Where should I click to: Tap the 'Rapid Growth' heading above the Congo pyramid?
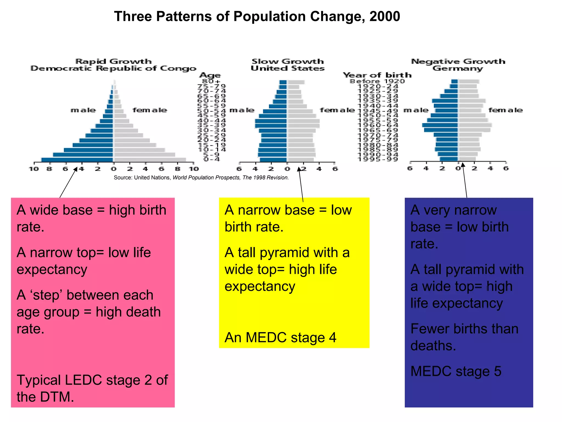[x=113, y=61]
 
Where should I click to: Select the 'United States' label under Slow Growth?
[x=288, y=68]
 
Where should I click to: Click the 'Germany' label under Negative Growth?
[x=457, y=68]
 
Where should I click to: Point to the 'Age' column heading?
[x=210, y=75]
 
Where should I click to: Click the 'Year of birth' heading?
[x=377, y=75]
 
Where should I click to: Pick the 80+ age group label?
[x=211, y=81]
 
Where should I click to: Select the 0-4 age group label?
[x=212, y=159]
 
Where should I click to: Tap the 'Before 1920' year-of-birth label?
[x=377, y=81]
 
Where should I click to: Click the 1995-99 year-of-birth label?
[x=378, y=159]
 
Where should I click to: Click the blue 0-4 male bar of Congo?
[x=77, y=160]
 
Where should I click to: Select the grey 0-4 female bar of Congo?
[x=150, y=160]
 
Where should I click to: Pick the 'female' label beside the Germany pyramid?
[x=505, y=110]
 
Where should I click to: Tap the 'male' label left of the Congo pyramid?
[x=83, y=110]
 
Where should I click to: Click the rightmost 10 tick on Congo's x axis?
[x=194, y=169]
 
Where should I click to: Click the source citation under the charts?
[x=201, y=178]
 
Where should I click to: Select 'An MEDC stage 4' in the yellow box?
[x=280, y=338]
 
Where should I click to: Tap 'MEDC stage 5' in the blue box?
[x=456, y=371]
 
